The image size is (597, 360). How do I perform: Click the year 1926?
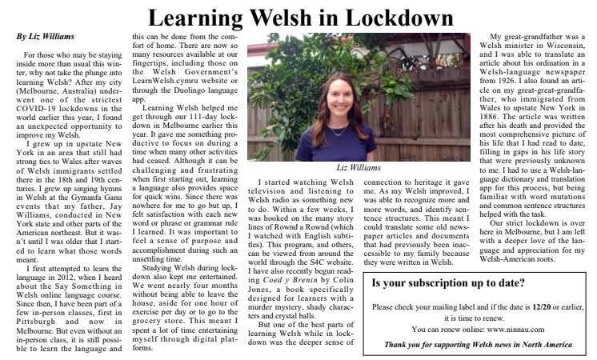click(x=502, y=82)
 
